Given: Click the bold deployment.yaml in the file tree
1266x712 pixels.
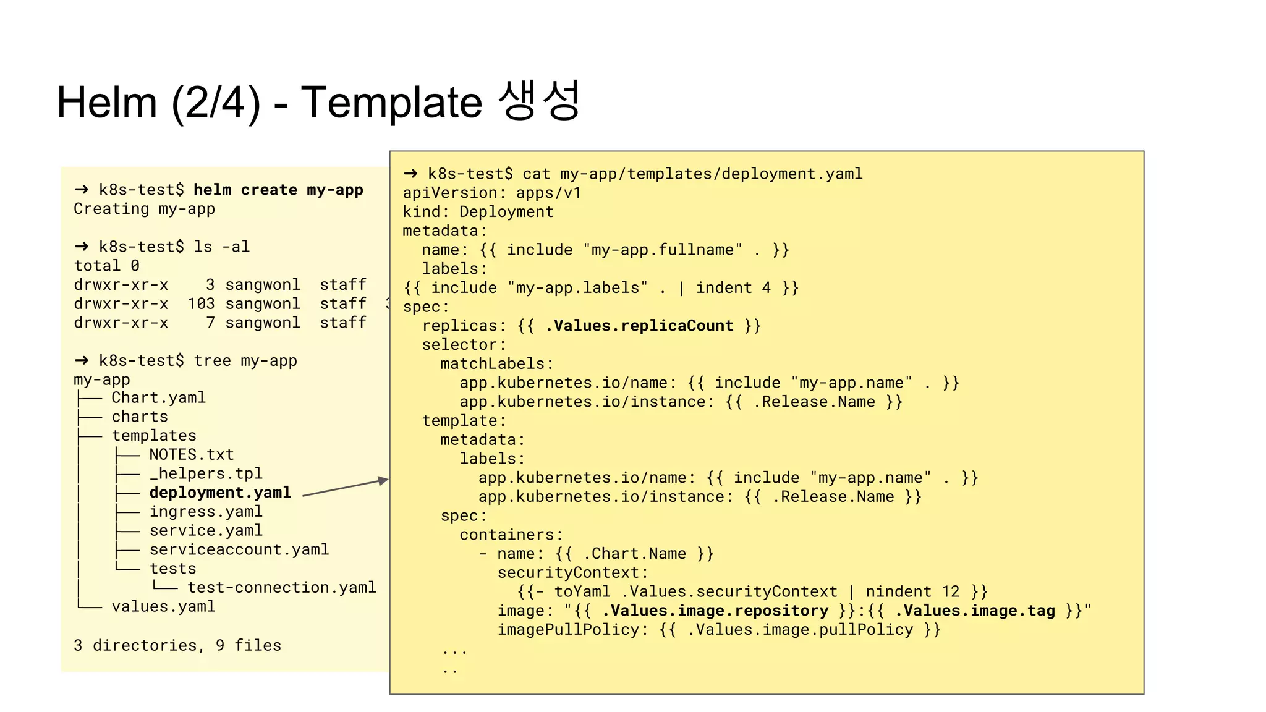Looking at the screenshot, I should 220,493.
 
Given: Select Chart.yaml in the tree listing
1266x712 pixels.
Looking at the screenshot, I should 158,397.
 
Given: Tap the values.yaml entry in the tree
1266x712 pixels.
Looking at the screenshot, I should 163,606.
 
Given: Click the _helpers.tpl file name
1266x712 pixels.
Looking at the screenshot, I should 206,473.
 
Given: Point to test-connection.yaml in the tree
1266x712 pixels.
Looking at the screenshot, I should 281,587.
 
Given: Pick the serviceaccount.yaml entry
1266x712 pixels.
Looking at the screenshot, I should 239,549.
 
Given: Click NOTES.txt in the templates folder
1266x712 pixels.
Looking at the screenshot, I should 192,454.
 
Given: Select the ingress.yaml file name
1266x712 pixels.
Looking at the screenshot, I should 206,511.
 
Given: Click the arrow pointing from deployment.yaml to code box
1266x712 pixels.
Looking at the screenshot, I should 345,488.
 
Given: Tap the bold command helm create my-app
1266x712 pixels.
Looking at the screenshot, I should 278,190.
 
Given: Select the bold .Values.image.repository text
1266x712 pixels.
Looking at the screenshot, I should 715,611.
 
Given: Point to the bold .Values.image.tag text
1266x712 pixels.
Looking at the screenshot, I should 975,611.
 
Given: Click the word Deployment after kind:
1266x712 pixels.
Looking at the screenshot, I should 506,212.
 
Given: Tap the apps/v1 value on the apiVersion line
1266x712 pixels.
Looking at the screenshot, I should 549,193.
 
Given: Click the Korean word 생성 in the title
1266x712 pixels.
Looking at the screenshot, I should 538,101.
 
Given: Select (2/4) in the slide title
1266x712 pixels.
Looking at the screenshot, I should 216,103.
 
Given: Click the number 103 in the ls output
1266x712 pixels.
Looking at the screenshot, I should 201,303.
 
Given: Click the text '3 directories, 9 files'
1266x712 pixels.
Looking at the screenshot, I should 177,645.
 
